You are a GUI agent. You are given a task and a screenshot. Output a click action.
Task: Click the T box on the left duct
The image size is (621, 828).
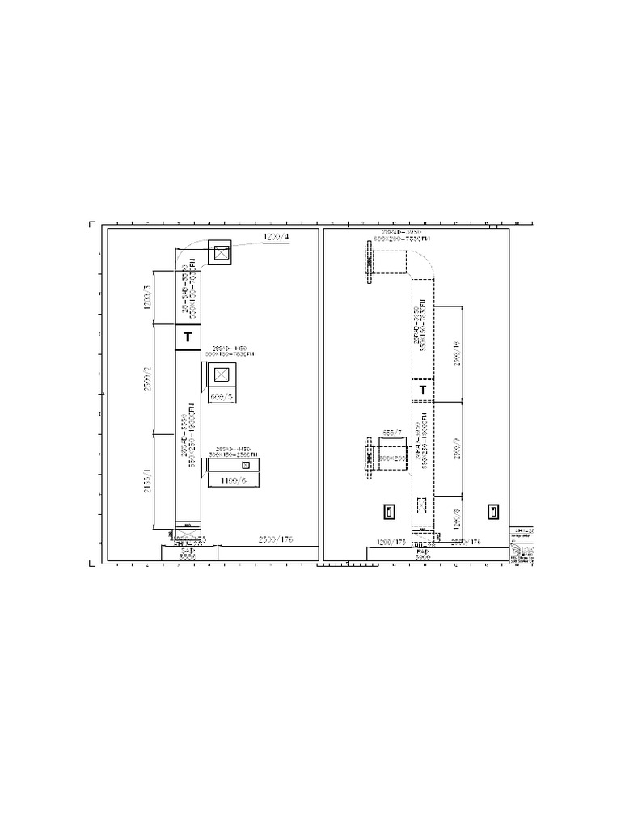188,337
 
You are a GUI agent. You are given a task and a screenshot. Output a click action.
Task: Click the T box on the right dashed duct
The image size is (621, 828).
421,391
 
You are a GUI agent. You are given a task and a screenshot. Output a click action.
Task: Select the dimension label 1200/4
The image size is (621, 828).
276,236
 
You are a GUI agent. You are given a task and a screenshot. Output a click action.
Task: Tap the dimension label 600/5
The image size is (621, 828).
220,397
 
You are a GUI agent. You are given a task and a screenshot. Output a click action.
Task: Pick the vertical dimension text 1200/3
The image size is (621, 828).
148,298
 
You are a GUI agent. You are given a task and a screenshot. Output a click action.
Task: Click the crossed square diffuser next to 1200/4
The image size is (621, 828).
220,253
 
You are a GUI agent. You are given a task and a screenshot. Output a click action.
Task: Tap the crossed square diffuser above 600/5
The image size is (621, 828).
220,375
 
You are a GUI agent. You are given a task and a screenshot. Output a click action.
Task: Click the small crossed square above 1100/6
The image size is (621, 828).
246,466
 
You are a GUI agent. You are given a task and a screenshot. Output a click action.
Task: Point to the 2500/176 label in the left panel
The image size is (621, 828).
276,539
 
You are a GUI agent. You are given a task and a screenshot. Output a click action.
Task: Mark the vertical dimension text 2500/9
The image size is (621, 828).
456,444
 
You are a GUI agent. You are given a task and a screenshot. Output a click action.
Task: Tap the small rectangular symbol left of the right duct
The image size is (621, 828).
388,511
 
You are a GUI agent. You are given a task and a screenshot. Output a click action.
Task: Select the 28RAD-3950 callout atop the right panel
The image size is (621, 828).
401,232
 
